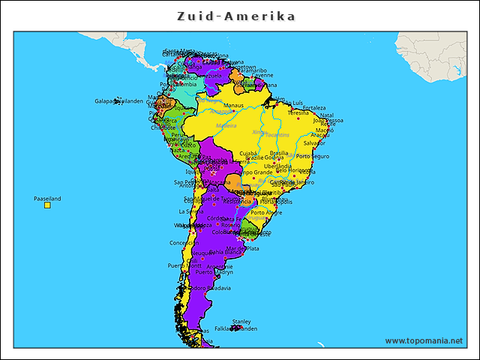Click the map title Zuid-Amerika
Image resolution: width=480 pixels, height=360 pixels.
[236, 16]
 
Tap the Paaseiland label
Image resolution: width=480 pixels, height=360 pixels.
[47, 199]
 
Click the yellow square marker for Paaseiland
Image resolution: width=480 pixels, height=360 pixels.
[47, 205]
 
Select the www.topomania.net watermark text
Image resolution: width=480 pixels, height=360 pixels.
[424, 340]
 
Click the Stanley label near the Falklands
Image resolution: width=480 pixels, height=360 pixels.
[241, 321]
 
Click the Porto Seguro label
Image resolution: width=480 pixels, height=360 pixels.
[313, 157]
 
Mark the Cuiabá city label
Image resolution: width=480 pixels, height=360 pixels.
[248, 153]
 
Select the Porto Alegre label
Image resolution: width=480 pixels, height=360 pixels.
[266, 212]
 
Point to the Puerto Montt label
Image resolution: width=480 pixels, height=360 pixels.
[184, 265]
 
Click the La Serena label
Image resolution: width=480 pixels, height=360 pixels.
[190, 211]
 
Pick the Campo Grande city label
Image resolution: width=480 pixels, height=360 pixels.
[253, 172]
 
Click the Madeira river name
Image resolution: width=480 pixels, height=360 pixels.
[225, 126]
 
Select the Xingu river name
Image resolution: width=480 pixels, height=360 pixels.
[259, 133]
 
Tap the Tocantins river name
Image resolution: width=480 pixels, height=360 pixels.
[278, 135]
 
